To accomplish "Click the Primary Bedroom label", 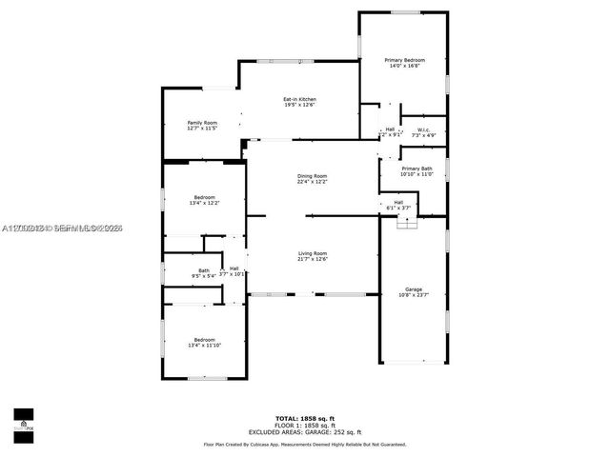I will click(x=405, y=60).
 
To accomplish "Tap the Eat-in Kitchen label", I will click(x=299, y=99).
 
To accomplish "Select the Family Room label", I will click(x=202, y=123).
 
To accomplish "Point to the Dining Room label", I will click(x=312, y=176).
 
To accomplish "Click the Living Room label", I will click(x=312, y=253).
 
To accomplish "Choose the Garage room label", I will click(x=413, y=289).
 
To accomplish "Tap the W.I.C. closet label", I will click(x=423, y=129).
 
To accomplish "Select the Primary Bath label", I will click(x=417, y=169).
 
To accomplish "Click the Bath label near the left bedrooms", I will click(x=204, y=270).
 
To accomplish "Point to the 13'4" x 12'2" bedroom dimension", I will click(x=205, y=203).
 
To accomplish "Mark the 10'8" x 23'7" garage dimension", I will click(x=413, y=295).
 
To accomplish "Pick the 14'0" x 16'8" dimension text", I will click(x=405, y=67).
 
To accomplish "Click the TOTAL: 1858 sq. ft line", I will click(x=305, y=418).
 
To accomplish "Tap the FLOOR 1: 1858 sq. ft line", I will click(x=305, y=425).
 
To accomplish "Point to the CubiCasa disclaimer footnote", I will click(x=305, y=444).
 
